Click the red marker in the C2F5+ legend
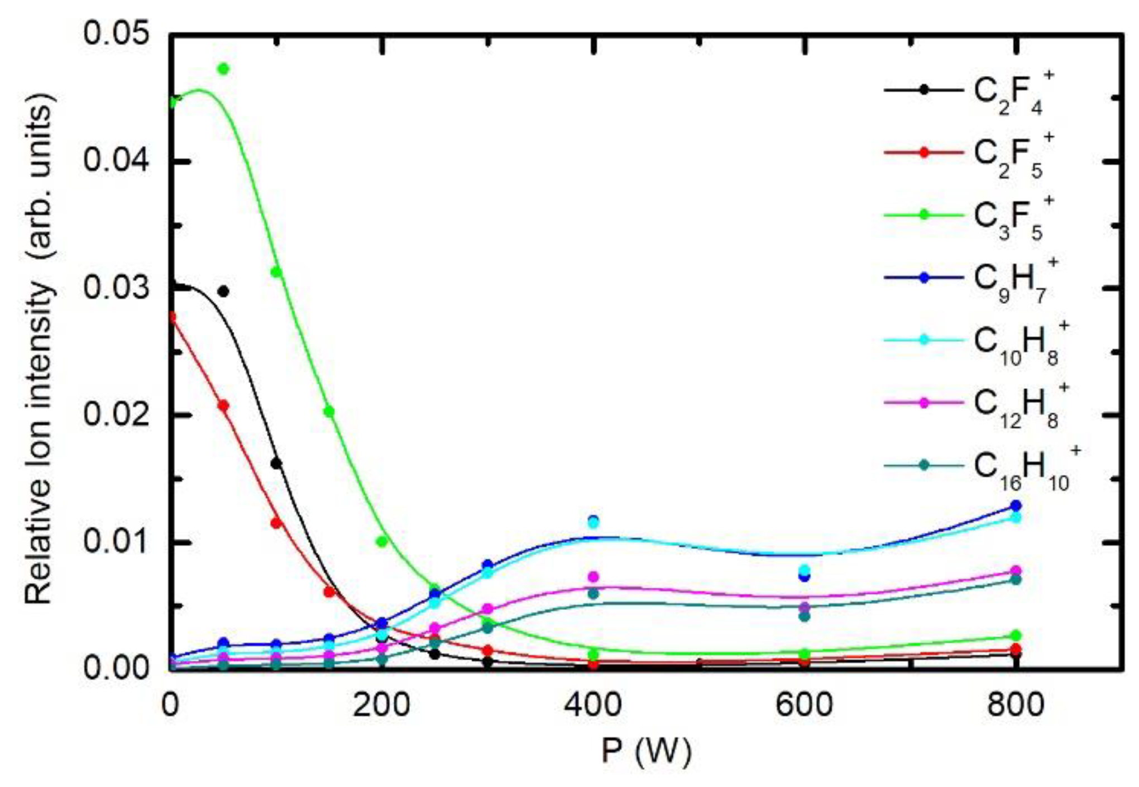[924, 152]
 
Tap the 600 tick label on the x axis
[804, 705]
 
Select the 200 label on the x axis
[382, 705]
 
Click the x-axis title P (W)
[646, 751]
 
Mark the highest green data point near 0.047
[223, 69]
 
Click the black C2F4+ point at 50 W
[223, 292]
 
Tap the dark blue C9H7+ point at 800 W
[1016, 506]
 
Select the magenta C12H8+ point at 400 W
[593, 576]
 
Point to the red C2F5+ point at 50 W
[223, 406]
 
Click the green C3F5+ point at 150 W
[329, 412]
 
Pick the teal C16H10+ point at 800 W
[1016, 580]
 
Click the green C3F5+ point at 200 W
[382, 541]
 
